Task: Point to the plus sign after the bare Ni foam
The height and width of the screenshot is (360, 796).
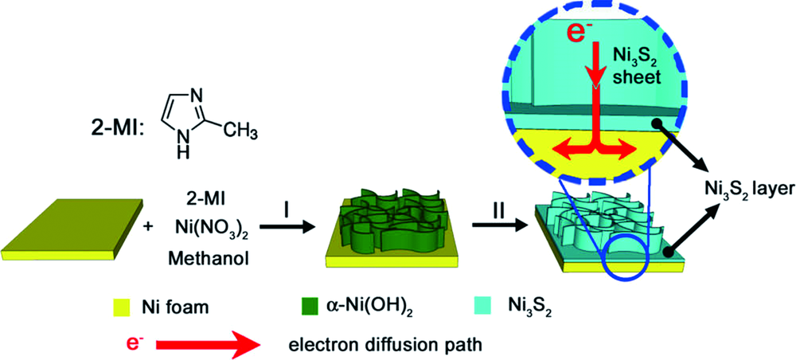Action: click(149, 227)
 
